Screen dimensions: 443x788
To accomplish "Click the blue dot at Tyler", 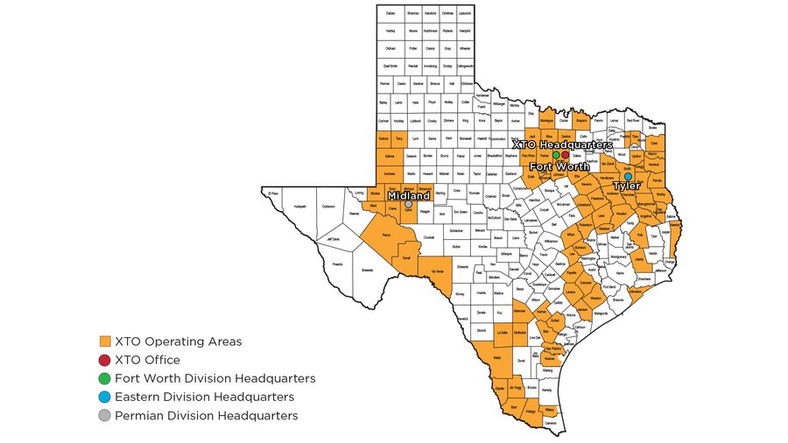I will (x=628, y=176).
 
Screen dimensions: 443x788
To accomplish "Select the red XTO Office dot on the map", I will (x=566, y=155).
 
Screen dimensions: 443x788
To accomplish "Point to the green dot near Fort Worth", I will (x=556, y=155).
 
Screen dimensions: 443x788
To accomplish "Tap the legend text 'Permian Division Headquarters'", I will (x=206, y=415).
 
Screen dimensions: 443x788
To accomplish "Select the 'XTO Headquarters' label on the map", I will (x=562, y=144).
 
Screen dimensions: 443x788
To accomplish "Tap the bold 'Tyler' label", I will (x=626, y=186).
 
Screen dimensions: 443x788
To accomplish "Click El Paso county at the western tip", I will (x=273, y=193).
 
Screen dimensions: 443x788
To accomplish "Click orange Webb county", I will (x=496, y=357).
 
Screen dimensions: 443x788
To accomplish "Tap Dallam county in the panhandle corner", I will (x=390, y=14).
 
